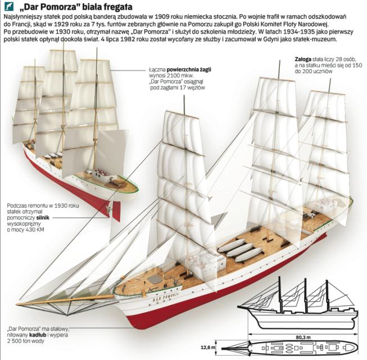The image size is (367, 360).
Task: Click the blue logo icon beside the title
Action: click(10, 7)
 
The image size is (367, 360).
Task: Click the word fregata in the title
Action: click(114, 7)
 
